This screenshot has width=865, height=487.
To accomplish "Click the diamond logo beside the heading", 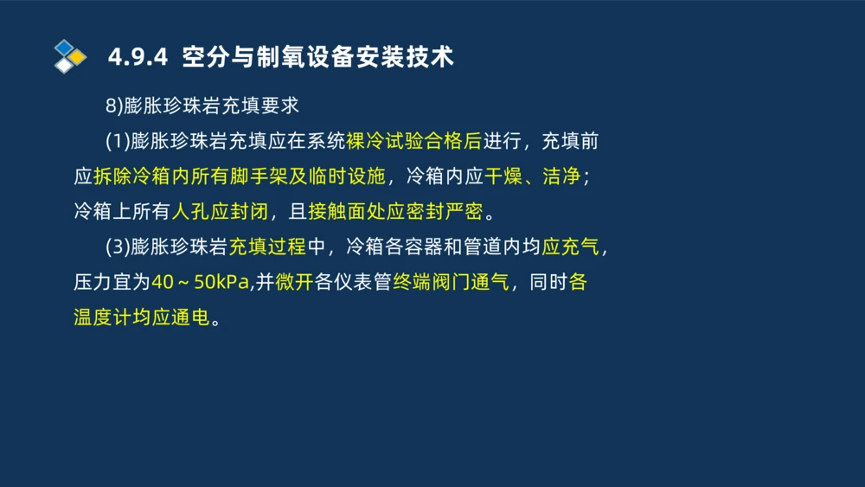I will (x=70, y=56).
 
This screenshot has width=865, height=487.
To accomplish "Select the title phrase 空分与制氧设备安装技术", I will (x=318, y=58).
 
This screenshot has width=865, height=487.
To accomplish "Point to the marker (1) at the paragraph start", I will (x=117, y=141).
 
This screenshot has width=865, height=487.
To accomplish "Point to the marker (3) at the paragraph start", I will (x=117, y=247).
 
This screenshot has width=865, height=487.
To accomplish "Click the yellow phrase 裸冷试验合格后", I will (x=413, y=141).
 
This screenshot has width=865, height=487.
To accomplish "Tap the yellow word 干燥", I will (x=503, y=176).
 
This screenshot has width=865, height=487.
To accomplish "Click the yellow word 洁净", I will (x=561, y=176).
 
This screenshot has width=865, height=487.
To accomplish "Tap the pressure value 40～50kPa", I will (x=201, y=282).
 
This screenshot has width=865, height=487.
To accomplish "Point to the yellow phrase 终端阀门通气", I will (x=451, y=282).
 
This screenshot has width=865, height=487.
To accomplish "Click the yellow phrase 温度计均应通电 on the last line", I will (x=141, y=317).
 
